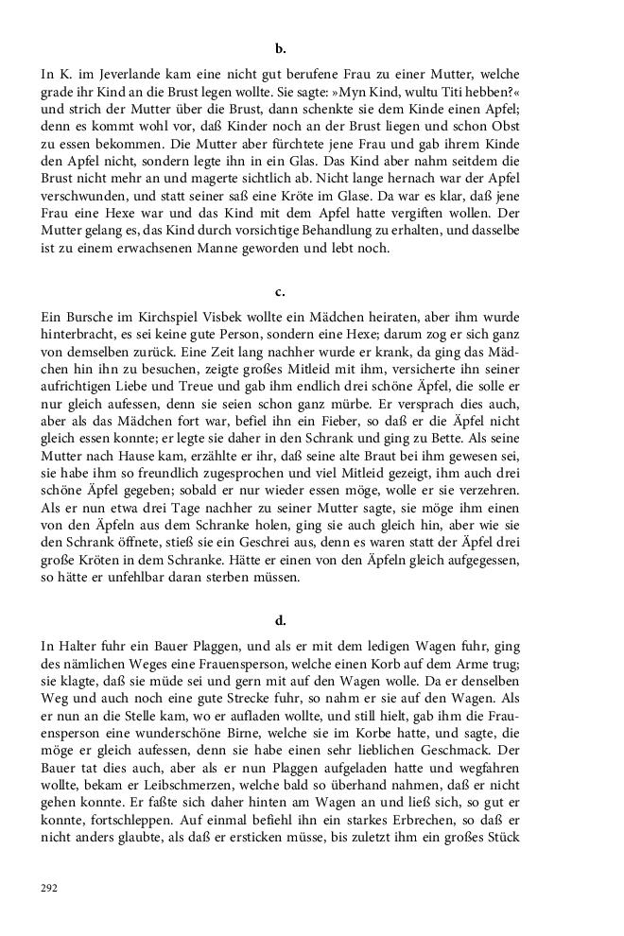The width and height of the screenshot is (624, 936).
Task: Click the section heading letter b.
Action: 280,47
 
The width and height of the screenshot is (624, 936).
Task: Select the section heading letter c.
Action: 280,291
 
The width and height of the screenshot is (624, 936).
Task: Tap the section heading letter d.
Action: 280,621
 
